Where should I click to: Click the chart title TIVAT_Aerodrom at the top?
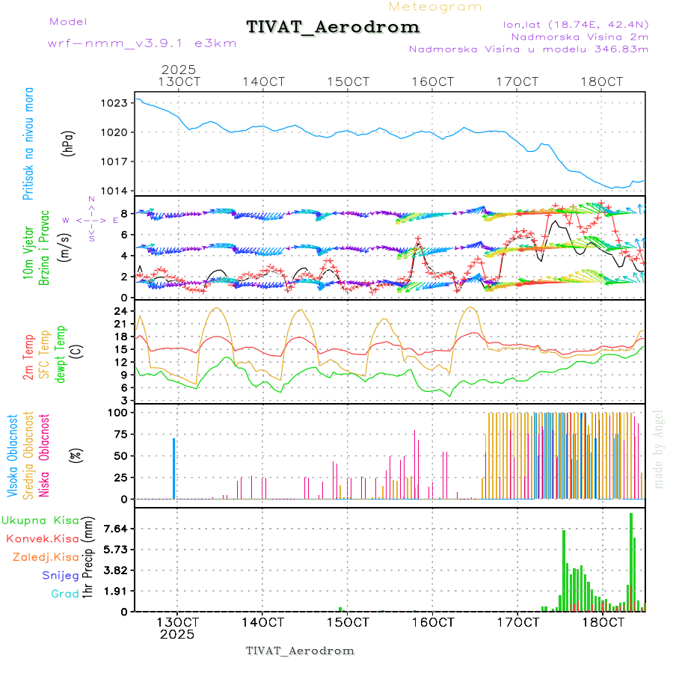click(333, 27)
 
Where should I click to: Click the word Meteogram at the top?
click(435, 7)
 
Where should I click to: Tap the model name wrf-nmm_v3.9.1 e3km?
click(142, 43)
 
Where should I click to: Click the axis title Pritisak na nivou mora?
click(29, 144)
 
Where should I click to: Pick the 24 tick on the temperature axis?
click(120, 311)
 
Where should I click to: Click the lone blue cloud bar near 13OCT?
click(173, 468)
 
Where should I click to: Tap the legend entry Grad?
click(64, 594)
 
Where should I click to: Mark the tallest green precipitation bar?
click(631, 561)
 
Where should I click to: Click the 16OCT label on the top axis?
click(434, 82)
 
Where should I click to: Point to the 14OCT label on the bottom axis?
click(264, 622)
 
